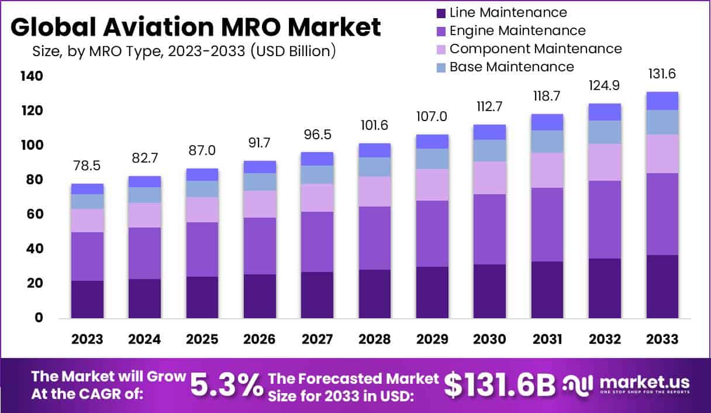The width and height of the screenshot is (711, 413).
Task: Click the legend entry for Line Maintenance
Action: pyautogui.click(x=508, y=12)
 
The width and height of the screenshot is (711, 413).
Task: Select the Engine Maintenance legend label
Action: pyautogui.click(x=517, y=30)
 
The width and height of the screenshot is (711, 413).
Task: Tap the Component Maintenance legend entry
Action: pyautogui.click(x=535, y=49)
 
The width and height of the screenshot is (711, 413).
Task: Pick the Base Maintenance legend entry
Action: pyautogui.click(x=511, y=67)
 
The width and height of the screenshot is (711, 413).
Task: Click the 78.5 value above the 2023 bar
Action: pyautogui.click(x=87, y=166)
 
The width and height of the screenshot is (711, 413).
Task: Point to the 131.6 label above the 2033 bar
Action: pyautogui.click(x=662, y=74)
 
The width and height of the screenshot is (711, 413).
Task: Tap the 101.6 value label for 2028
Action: pyautogui.click(x=375, y=126)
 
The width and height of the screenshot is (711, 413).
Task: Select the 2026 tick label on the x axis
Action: pyautogui.click(x=260, y=340)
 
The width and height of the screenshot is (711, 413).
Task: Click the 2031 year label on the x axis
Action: pyautogui.click(x=547, y=340)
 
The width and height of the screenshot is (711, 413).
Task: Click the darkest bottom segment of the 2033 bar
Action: pyautogui.click(x=662, y=287)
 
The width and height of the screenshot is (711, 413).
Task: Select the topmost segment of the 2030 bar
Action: pyautogui.click(x=490, y=132)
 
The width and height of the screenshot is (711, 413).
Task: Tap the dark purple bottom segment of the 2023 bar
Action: pyautogui.click(x=87, y=300)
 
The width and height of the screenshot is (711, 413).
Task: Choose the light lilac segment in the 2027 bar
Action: pyautogui.click(x=317, y=198)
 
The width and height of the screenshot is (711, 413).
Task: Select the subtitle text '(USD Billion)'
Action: pyautogui.click(x=292, y=51)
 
